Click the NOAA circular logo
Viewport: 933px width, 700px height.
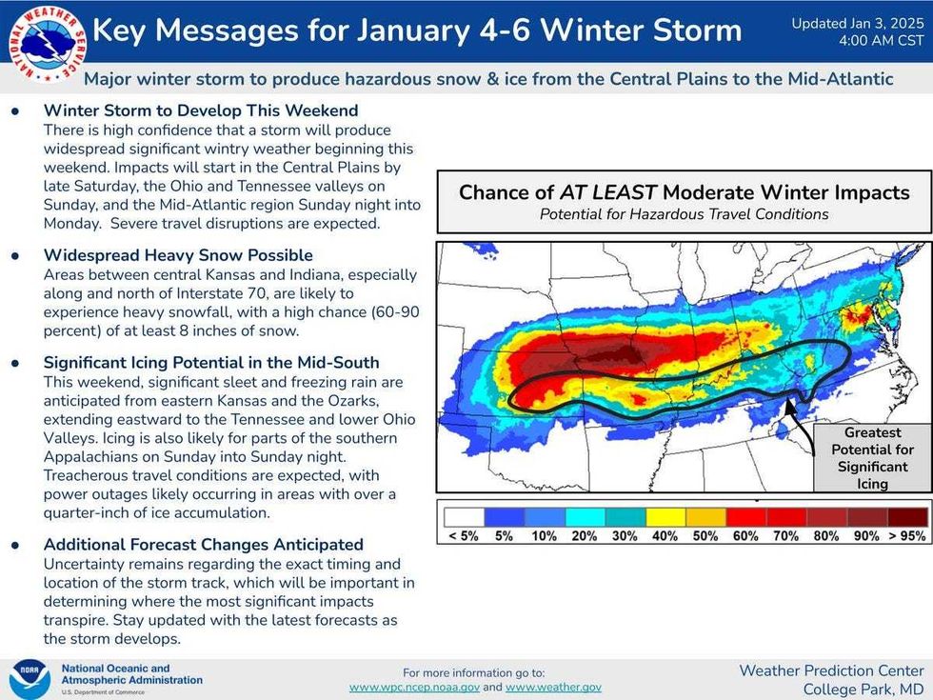click(x=30, y=679)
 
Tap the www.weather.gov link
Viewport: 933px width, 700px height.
click(x=553, y=687)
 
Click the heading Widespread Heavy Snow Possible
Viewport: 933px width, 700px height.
click(x=178, y=255)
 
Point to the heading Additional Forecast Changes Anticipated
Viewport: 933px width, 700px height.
click(x=203, y=545)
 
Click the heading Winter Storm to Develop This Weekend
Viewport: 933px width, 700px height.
click(x=201, y=110)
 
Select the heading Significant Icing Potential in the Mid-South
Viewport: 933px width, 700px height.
click(x=211, y=363)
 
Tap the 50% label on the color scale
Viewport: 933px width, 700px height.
click(x=705, y=536)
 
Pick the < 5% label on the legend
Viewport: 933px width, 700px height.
click(x=464, y=536)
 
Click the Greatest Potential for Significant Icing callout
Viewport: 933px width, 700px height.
click(x=872, y=458)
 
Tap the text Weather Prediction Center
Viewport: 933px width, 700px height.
click(x=831, y=670)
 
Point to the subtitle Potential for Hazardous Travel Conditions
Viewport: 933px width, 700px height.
click(x=684, y=214)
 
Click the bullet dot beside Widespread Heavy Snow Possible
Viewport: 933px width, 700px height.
click(x=14, y=256)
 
